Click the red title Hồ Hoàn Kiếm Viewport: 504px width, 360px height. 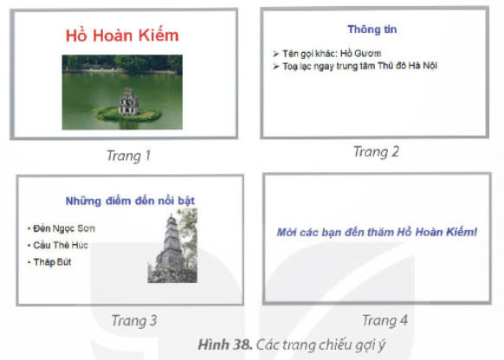(x=122, y=35)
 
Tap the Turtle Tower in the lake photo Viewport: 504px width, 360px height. (x=128, y=102)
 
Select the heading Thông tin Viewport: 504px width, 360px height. (x=372, y=29)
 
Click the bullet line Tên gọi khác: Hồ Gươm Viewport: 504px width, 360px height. (x=332, y=54)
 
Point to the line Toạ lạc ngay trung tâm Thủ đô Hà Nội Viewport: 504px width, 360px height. (x=359, y=66)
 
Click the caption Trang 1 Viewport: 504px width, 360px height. (x=128, y=156)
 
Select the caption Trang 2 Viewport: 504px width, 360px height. (x=376, y=151)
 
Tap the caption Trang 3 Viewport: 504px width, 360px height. (x=134, y=320)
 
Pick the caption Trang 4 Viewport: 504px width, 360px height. (x=385, y=320)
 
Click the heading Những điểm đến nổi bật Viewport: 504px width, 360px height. (x=130, y=201)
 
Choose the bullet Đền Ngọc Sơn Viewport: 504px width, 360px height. (x=64, y=228)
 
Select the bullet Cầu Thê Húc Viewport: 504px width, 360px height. (x=61, y=246)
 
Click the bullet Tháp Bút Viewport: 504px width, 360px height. (x=52, y=262)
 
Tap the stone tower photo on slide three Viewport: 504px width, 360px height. (x=172, y=246)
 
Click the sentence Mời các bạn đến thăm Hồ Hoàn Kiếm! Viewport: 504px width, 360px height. (x=377, y=232)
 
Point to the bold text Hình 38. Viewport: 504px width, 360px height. (x=225, y=344)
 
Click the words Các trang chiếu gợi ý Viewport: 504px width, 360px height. (x=320, y=345)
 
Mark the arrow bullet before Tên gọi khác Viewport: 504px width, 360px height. (x=275, y=54)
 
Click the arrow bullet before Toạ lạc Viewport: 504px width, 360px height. (x=275, y=67)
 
